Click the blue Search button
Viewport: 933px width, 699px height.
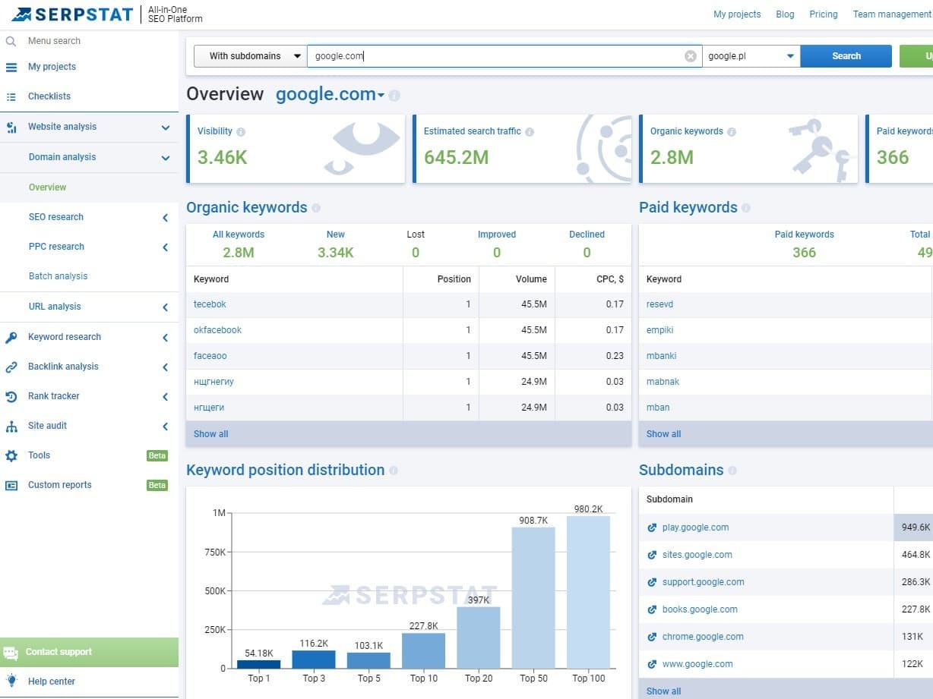(x=846, y=56)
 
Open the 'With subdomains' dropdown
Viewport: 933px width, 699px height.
(x=250, y=56)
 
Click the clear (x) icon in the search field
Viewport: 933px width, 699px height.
(x=690, y=56)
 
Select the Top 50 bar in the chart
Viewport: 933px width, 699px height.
(x=533, y=597)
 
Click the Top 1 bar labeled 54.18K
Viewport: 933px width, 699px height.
(x=258, y=664)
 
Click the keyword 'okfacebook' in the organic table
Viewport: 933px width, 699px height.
(x=217, y=330)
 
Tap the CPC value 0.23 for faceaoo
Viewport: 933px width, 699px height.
(x=615, y=356)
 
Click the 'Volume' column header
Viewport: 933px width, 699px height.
(x=531, y=279)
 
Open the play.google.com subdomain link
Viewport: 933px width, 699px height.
(x=695, y=527)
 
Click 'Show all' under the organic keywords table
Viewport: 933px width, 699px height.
(x=211, y=434)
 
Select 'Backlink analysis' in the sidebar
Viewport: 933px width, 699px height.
(x=63, y=367)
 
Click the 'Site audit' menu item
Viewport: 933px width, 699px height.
(x=47, y=426)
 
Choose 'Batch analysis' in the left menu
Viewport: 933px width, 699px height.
(x=58, y=276)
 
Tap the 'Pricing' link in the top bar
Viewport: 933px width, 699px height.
(x=823, y=14)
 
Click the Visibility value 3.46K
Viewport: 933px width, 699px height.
(x=223, y=157)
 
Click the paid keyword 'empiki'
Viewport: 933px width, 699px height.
(x=659, y=330)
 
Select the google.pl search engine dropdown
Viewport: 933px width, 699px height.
(x=751, y=56)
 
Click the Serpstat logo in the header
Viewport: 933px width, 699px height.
(x=72, y=14)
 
